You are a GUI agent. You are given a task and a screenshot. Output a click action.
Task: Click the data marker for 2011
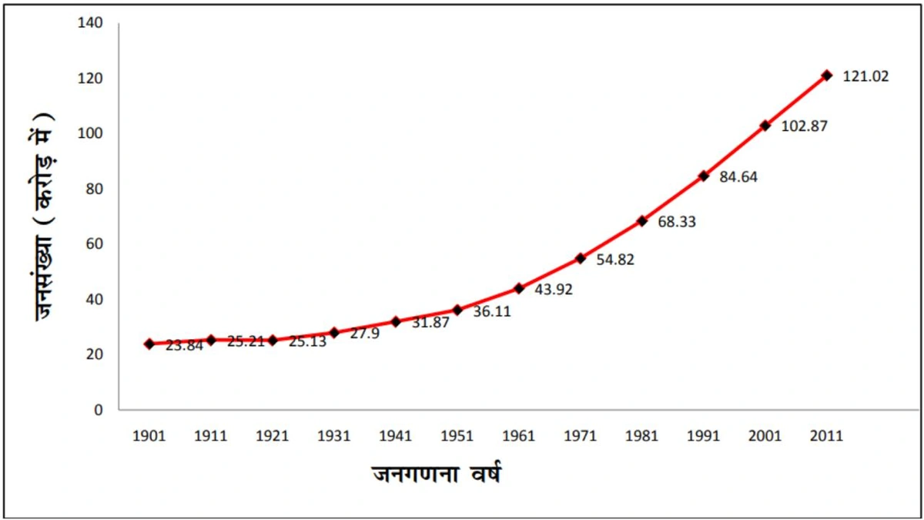[x=827, y=75]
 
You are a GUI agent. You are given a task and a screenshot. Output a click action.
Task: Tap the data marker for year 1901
[x=149, y=344]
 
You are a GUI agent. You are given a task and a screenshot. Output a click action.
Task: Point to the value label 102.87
[x=805, y=126]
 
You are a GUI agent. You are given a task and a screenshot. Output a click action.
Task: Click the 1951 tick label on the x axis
[x=457, y=435]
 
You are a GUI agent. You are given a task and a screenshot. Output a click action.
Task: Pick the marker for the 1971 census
[x=581, y=258]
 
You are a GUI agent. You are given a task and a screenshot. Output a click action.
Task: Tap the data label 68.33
[x=677, y=222]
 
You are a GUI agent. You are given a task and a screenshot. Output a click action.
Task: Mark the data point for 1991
[x=704, y=176]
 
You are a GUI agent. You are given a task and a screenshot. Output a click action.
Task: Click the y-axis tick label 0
[x=98, y=409]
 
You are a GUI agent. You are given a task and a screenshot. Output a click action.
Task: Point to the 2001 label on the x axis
[x=765, y=435]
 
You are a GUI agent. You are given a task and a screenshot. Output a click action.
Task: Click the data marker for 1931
[x=334, y=333]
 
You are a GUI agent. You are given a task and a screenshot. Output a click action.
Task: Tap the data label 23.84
[x=184, y=346]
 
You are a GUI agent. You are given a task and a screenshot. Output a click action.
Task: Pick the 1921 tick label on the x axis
[x=272, y=435]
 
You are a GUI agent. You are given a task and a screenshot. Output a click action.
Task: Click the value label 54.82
[x=615, y=260]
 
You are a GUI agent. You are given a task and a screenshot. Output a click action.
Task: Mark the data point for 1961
[x=519, y=288]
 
